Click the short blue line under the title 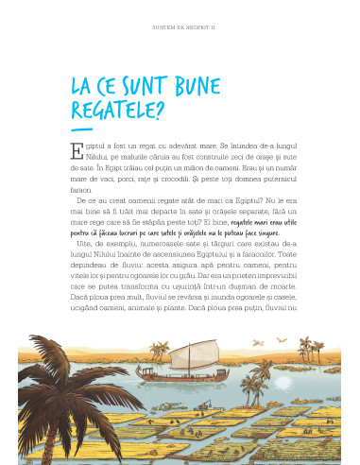pos(82,130)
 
